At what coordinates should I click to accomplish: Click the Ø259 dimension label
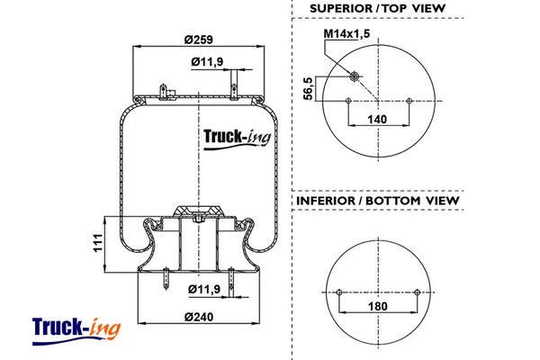(199, 40)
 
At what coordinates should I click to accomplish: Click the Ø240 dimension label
(199, 317)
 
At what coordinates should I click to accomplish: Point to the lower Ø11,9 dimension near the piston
(208, 289)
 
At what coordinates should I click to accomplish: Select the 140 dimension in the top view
(378, 119)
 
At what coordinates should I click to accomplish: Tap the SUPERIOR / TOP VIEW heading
(377, 9)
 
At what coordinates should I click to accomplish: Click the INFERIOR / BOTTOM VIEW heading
(377, 201)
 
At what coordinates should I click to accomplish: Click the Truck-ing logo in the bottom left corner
(76, 328)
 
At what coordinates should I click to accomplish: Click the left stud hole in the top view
(347, 101)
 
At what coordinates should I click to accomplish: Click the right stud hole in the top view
(409, 101)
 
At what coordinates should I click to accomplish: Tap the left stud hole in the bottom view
(339, 292)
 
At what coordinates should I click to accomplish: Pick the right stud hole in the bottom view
(418, 292)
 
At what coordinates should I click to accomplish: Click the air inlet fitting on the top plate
(165, 93)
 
